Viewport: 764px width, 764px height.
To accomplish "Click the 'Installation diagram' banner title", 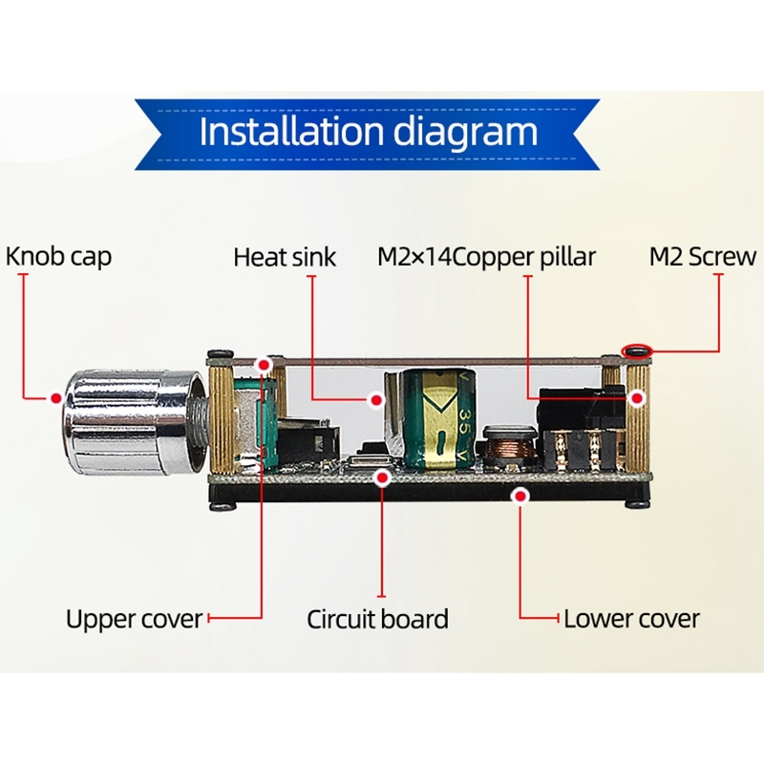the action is pyautogui.click(x=368, y=131).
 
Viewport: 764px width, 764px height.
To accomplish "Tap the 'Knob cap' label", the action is pyautogui.click(x=58, y=256).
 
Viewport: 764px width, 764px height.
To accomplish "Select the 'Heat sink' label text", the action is pyautogui.click(x=285, y=257).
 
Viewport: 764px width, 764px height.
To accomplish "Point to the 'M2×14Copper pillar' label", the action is pyautogui.click(x=486, y=257).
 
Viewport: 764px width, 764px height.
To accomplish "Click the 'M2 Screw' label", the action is pyautogui.click(x=703, y=256).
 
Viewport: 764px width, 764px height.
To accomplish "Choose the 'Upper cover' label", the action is pyautogui.click(x=134, y=619).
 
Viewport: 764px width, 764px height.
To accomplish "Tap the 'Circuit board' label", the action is pyautogui.click(x=377, y=619).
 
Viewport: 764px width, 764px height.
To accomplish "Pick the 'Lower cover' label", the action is pyautogui.click(x=631, y=619).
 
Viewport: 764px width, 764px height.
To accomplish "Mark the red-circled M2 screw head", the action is pyautogui.click(x=637, y=350).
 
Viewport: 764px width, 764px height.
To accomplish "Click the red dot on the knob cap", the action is pyautogui.click(x=56, y=398).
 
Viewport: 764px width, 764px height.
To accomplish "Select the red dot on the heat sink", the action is pyautogui.click(x=376, y=400).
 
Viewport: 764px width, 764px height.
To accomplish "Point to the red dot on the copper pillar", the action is pyautogui.click(x=636, y=398).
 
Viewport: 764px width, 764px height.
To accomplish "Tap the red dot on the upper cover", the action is pyautogui.click(x=265, y=365).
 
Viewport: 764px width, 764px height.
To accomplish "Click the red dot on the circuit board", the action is pyautogui.click(x=383, y=477).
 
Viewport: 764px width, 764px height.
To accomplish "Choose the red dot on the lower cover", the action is pyautogui.click(x=520, y=496).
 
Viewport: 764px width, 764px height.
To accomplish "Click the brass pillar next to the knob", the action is pyautogui.click(x=222, y=420).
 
